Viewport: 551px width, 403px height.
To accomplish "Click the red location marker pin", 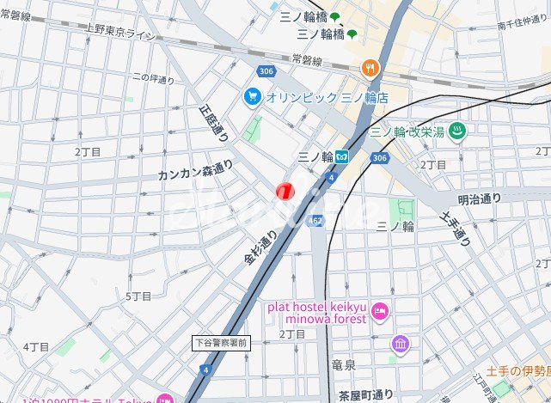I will tap(285, 191).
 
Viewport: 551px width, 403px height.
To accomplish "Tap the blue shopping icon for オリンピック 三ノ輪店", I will tap(252, 95).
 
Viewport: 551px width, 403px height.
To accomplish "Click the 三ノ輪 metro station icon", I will tap(341, 157).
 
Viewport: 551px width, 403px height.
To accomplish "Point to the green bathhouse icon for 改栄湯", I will tap(459, 132).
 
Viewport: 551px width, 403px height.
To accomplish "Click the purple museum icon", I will tap(401, 345).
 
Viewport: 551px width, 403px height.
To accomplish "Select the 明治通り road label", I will tap(479, 199).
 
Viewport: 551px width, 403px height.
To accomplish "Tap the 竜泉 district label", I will tap(343, 364).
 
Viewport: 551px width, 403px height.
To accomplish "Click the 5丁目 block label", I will tap(139, 296).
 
